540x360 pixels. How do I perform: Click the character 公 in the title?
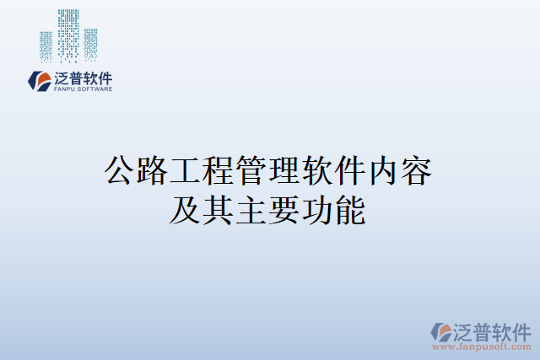point(120,172)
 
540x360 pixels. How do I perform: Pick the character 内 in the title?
point(385,172)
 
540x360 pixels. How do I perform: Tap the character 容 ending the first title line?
point(418,172)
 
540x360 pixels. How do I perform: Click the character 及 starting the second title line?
point(186,210)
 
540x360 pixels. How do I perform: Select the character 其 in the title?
point(219,210)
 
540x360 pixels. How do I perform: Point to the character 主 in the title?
point(252,210)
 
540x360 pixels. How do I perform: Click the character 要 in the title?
point(285,210)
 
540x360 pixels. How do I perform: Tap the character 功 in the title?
point(318,210)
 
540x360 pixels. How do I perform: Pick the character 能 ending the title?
point(351,210)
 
